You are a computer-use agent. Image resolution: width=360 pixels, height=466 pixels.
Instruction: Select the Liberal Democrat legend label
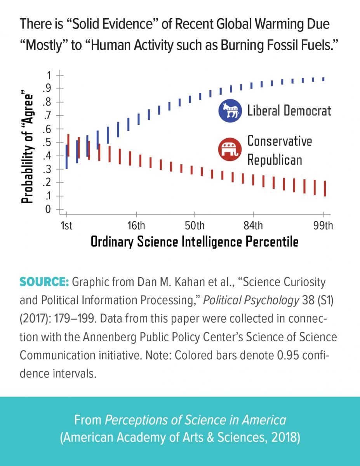coord(289,111)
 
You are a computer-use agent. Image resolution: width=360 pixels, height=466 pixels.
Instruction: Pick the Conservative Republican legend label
coord(279,150)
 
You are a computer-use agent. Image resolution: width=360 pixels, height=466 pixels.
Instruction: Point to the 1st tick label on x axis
coord(67,226)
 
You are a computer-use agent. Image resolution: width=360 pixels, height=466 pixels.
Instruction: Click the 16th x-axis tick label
coord(136,226)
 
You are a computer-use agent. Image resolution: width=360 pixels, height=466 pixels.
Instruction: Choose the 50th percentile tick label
coord(195,226)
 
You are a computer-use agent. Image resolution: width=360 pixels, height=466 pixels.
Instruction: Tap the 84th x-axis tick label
coord(253,226)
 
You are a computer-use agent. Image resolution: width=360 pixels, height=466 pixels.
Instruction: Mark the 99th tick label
coord(323,226)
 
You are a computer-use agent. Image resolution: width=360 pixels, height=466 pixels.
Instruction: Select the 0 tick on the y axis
coord(48,210)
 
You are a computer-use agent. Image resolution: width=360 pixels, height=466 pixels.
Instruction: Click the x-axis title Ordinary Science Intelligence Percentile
coord(195,242)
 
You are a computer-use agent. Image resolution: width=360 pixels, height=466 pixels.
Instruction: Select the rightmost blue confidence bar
coord(323,79)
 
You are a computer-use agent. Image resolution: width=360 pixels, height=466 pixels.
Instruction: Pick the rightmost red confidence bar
coord(325,189)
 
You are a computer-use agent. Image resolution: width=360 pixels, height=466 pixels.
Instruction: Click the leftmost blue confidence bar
coord(67,156)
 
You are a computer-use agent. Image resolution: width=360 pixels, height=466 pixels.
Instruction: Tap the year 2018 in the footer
coord(286,437)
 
